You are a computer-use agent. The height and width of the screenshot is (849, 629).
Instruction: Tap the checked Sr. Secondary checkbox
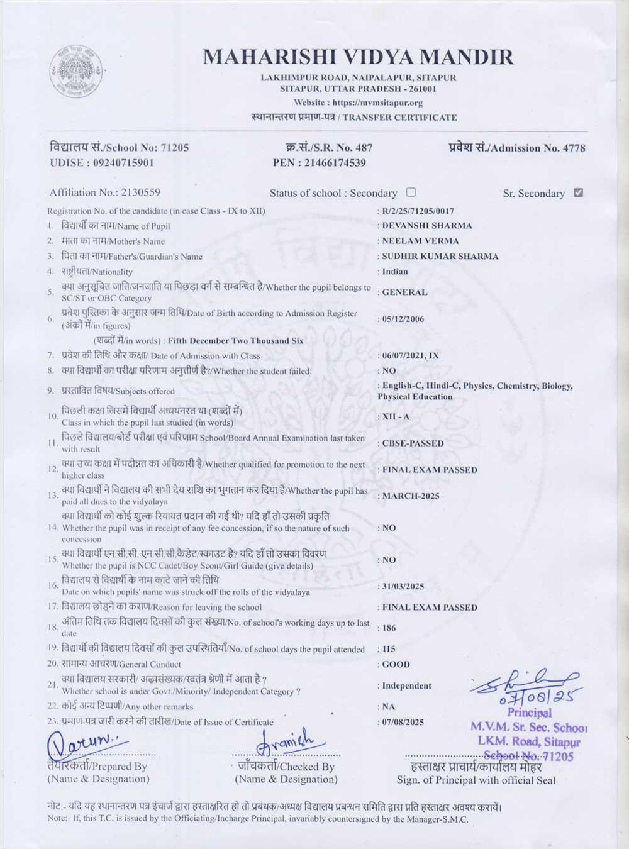[x=578, y=192]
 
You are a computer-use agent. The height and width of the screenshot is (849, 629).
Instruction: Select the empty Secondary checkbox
[x=411, y=192]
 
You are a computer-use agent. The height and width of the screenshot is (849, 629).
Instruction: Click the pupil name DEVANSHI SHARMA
[x=427, y=225]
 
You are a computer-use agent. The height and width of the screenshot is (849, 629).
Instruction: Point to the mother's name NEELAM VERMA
[x=421, y=241]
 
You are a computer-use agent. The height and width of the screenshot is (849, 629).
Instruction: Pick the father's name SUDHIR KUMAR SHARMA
[x=440, y=257]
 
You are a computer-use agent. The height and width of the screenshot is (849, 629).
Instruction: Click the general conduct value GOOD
[x=396, y=664]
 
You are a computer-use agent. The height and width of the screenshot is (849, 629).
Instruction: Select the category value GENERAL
[x=404, y=292]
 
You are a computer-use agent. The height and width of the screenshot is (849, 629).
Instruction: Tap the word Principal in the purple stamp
[x=529, y=713]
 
